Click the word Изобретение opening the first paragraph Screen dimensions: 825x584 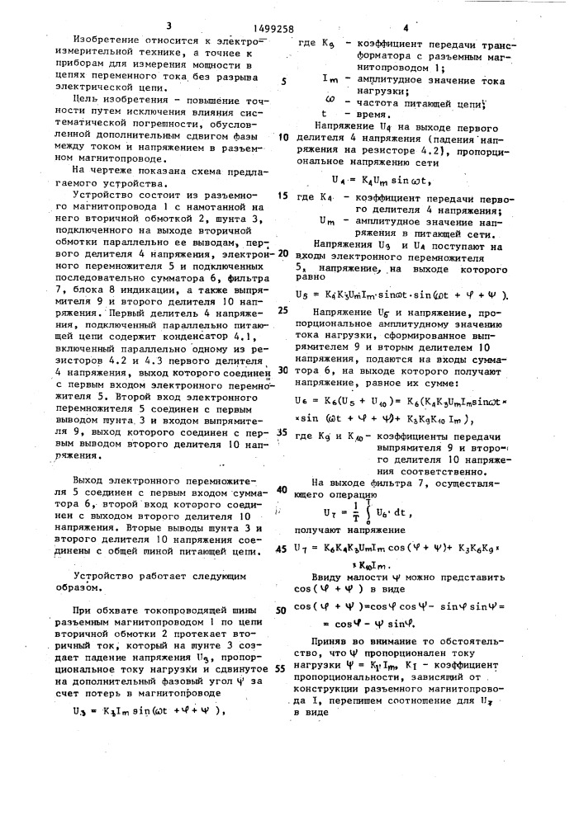pos(107,39)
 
